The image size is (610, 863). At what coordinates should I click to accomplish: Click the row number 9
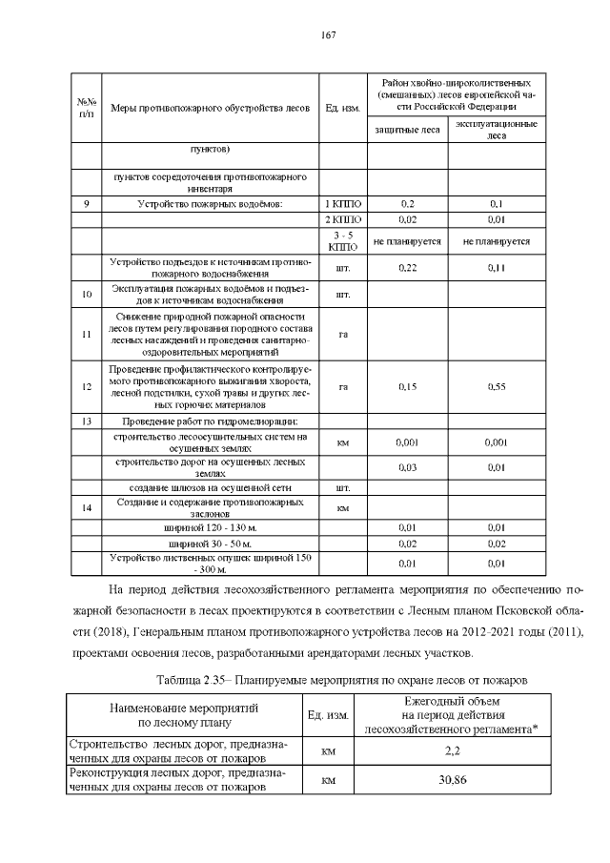(x=87, y=204)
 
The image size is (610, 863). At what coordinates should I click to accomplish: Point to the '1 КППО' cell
(x=341, y=204)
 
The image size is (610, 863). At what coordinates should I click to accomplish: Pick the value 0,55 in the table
(x=496, y=386)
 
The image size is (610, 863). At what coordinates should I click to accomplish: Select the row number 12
(x=87, y=386)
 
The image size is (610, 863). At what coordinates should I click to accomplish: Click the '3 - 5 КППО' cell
(x=341, y=241)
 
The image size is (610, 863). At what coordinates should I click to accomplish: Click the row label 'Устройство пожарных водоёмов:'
(x=210, y=204)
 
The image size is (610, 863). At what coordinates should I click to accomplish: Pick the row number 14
(x=87, y=507)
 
